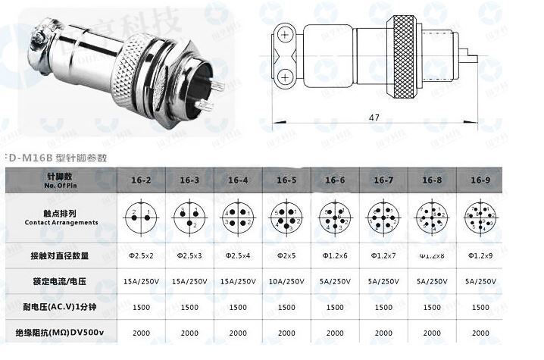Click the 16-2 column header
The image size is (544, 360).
(141, 180)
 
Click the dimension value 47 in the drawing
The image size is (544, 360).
(374, 118)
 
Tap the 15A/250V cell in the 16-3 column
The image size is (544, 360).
(189, 281)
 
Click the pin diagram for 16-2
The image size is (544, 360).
(141, 217)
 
